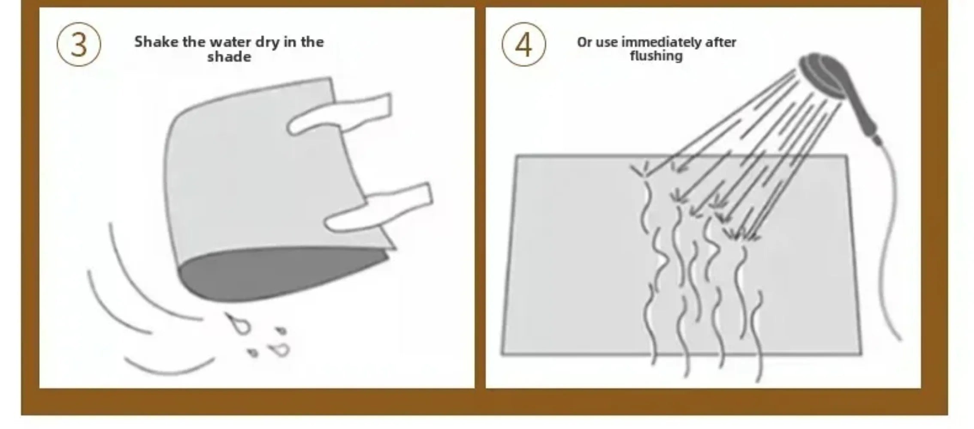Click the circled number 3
point(79,45)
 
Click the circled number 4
point(524,45)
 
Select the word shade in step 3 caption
point(229,57)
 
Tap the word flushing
point(656,56)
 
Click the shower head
point(822,77)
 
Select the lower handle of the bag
point(378,208)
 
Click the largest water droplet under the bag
point(238,324)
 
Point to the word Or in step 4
point(584,42)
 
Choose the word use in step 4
point(606,43)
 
